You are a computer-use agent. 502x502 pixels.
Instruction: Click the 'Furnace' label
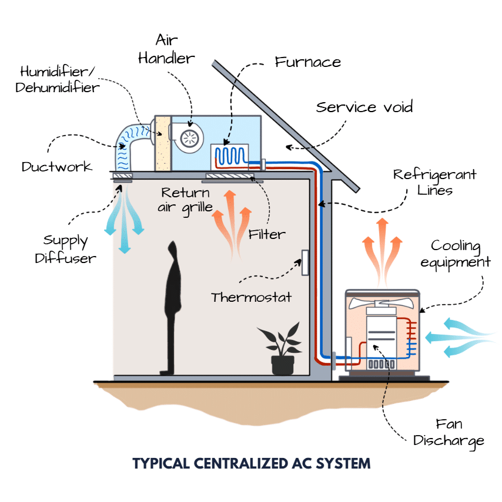pyautogui.click(x=308, y=62)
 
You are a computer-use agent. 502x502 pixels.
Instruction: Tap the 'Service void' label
pyautogui.click(x=364, y=107)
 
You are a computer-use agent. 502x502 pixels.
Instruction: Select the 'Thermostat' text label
pyautogui.click(x=251, y=297)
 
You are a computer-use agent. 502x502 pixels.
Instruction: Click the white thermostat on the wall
pyautogui.click(x=305, y=262)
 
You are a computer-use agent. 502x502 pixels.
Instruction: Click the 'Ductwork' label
pyautogui.click(x=57, y=167)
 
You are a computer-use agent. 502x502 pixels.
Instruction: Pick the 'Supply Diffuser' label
pyautogui.click(x=65, y=249)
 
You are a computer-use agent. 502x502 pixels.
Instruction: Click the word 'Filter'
pyautogui.click(x=267, y=234)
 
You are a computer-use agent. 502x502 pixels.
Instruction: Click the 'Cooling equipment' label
pyautogui.click(x=456, y=253)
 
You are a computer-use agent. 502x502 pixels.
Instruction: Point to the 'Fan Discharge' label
pyautogui.click(x=449, y=432)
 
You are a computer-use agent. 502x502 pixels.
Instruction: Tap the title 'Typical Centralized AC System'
pyautogui.click(x=252, y=464)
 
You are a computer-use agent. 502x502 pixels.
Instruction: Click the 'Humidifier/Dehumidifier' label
pyautogui.click(x=59, y=80)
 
